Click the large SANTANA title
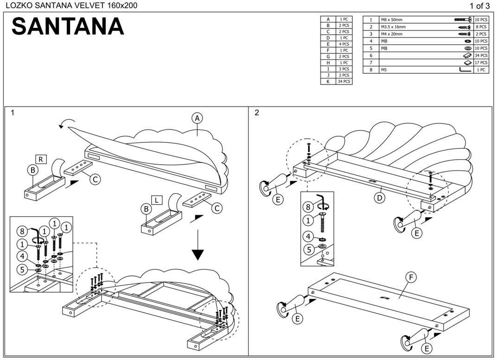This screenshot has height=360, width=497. tap(68, 26)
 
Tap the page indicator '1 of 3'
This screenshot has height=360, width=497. tap(479, 6)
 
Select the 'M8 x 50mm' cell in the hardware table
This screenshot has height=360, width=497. tap(391, 20)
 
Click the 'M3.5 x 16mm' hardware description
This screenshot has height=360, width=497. tap(393, 27)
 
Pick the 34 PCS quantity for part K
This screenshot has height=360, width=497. tap(344, 82)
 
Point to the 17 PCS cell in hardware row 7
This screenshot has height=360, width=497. tap(481, 63)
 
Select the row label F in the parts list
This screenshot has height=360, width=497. tap(328, 50)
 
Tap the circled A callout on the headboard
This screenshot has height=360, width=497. tap(198, 119)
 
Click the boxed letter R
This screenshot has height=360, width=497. tap(41, 159)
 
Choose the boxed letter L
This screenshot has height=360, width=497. tap(157, 200)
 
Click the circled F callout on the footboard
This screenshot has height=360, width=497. tap(410, 277)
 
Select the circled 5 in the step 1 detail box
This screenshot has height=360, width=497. tap(22, 269)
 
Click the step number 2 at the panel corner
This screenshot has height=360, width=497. tap(257, 113)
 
